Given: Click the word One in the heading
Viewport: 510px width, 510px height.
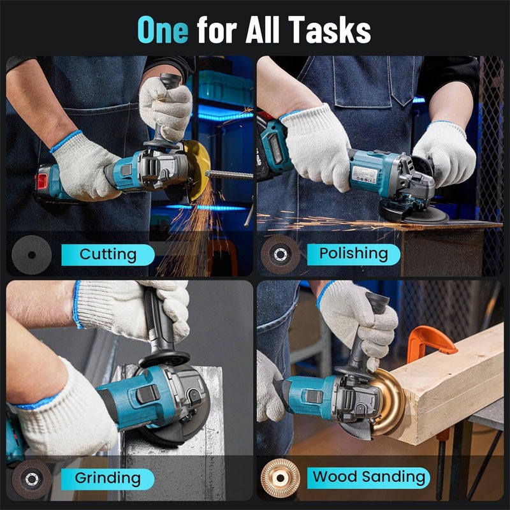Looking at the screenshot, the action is click(163, 29).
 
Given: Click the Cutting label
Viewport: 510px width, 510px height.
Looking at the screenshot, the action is click(108, 254).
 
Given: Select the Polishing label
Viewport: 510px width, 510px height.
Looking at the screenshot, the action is click(354, 254).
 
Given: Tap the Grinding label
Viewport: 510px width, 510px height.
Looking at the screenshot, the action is click(108, 479).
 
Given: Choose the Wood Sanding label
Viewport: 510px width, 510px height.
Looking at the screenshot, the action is click(368, 477).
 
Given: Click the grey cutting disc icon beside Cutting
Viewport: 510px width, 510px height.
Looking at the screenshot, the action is click(31, 254).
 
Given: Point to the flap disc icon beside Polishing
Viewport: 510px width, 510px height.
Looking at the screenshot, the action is click(280, 254).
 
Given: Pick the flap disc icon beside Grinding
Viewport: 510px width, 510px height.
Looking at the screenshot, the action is click(31, 479).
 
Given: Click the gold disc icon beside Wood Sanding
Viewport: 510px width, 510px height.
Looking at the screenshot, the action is click(280, 477).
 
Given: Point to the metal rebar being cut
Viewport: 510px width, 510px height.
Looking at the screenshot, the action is click(229, 175).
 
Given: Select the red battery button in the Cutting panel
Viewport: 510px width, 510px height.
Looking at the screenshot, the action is click(42, 181).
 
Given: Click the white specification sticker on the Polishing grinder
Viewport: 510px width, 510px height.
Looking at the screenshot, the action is click(364, 175).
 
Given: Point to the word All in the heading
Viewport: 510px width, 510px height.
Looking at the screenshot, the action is click(263, 29).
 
